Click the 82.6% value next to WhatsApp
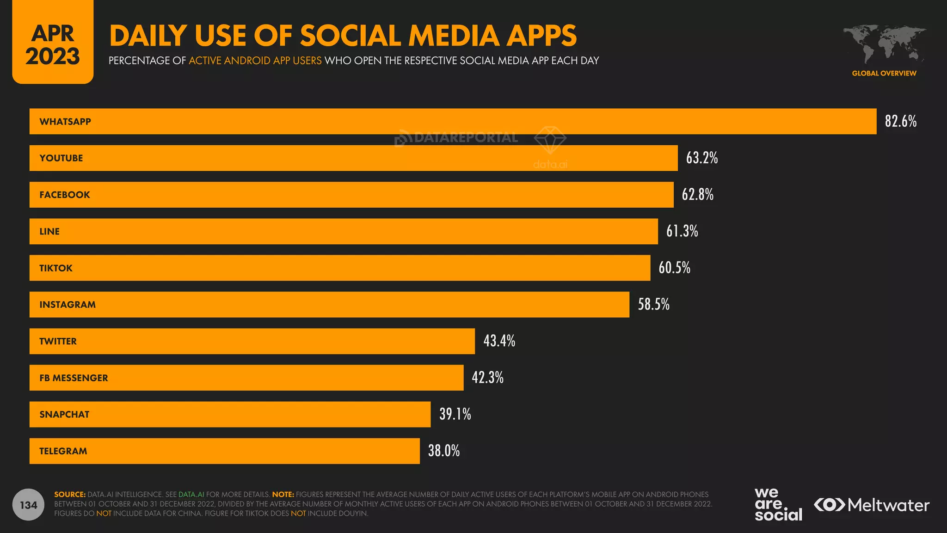[900, 121]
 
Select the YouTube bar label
[61, 158]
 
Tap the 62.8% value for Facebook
[697, 194]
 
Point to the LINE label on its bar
[49, 231]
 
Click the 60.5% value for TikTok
[674, 268]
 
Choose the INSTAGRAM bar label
[68, 304]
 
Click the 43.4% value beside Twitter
[499, 341]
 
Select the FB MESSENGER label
[74, 378]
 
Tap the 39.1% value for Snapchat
[455, 414]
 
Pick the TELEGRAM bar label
[63, 451]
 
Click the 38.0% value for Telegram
[443, 451]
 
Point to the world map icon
[884, 44]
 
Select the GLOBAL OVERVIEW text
[884, 73]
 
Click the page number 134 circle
[29, 505]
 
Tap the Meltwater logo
[871, 505]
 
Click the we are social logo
[778, 504]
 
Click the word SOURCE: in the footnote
[70, 495]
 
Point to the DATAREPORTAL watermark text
[466, 137]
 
